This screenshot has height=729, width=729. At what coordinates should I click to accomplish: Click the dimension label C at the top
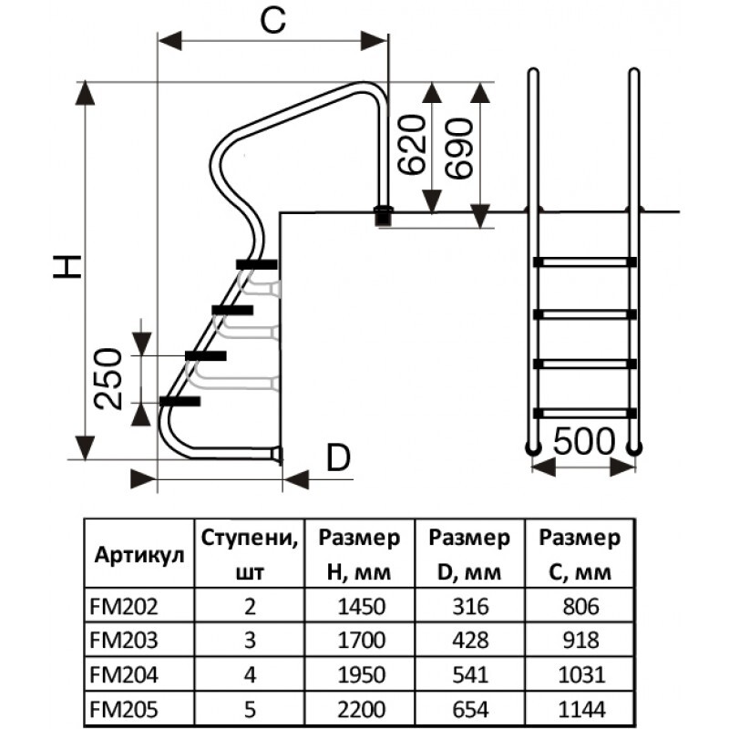tap(272, 21)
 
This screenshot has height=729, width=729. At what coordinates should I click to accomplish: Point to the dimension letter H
tap(67, 267)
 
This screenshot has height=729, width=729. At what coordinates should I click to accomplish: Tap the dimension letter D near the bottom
tap(338, 457)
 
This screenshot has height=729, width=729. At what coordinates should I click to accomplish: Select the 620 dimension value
tap(412, 145)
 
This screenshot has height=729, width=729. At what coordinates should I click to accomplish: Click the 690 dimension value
tap(459, 149)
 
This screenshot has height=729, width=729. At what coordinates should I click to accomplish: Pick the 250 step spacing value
tap(108, 378)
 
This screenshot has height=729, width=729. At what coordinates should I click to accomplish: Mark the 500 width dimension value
tap(584, 441)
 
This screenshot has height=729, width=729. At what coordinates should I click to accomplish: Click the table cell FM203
tap(124, 641)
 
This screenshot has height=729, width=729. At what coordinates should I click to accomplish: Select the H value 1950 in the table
tap(361, 674)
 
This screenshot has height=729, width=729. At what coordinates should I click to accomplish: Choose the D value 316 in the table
tap(470, 606)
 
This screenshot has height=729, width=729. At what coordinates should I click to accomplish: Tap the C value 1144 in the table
tap(581, 709)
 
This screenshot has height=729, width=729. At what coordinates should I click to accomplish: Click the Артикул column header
tap(139, 555)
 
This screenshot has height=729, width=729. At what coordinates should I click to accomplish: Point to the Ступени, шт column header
tap(250, 554)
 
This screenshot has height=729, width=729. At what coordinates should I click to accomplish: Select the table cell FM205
tap(124, 709)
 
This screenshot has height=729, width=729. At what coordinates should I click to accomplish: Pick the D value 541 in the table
tap(470, 674)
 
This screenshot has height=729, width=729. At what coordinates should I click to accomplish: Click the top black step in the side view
tap(257, 264)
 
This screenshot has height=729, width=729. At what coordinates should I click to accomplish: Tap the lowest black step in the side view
tap(180, 401)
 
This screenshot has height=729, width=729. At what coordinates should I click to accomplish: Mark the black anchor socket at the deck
tap(384, 217)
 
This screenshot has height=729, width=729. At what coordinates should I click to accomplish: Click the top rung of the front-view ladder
tap(585, 262)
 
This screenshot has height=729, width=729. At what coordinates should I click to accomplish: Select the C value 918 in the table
tap(581, 641)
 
